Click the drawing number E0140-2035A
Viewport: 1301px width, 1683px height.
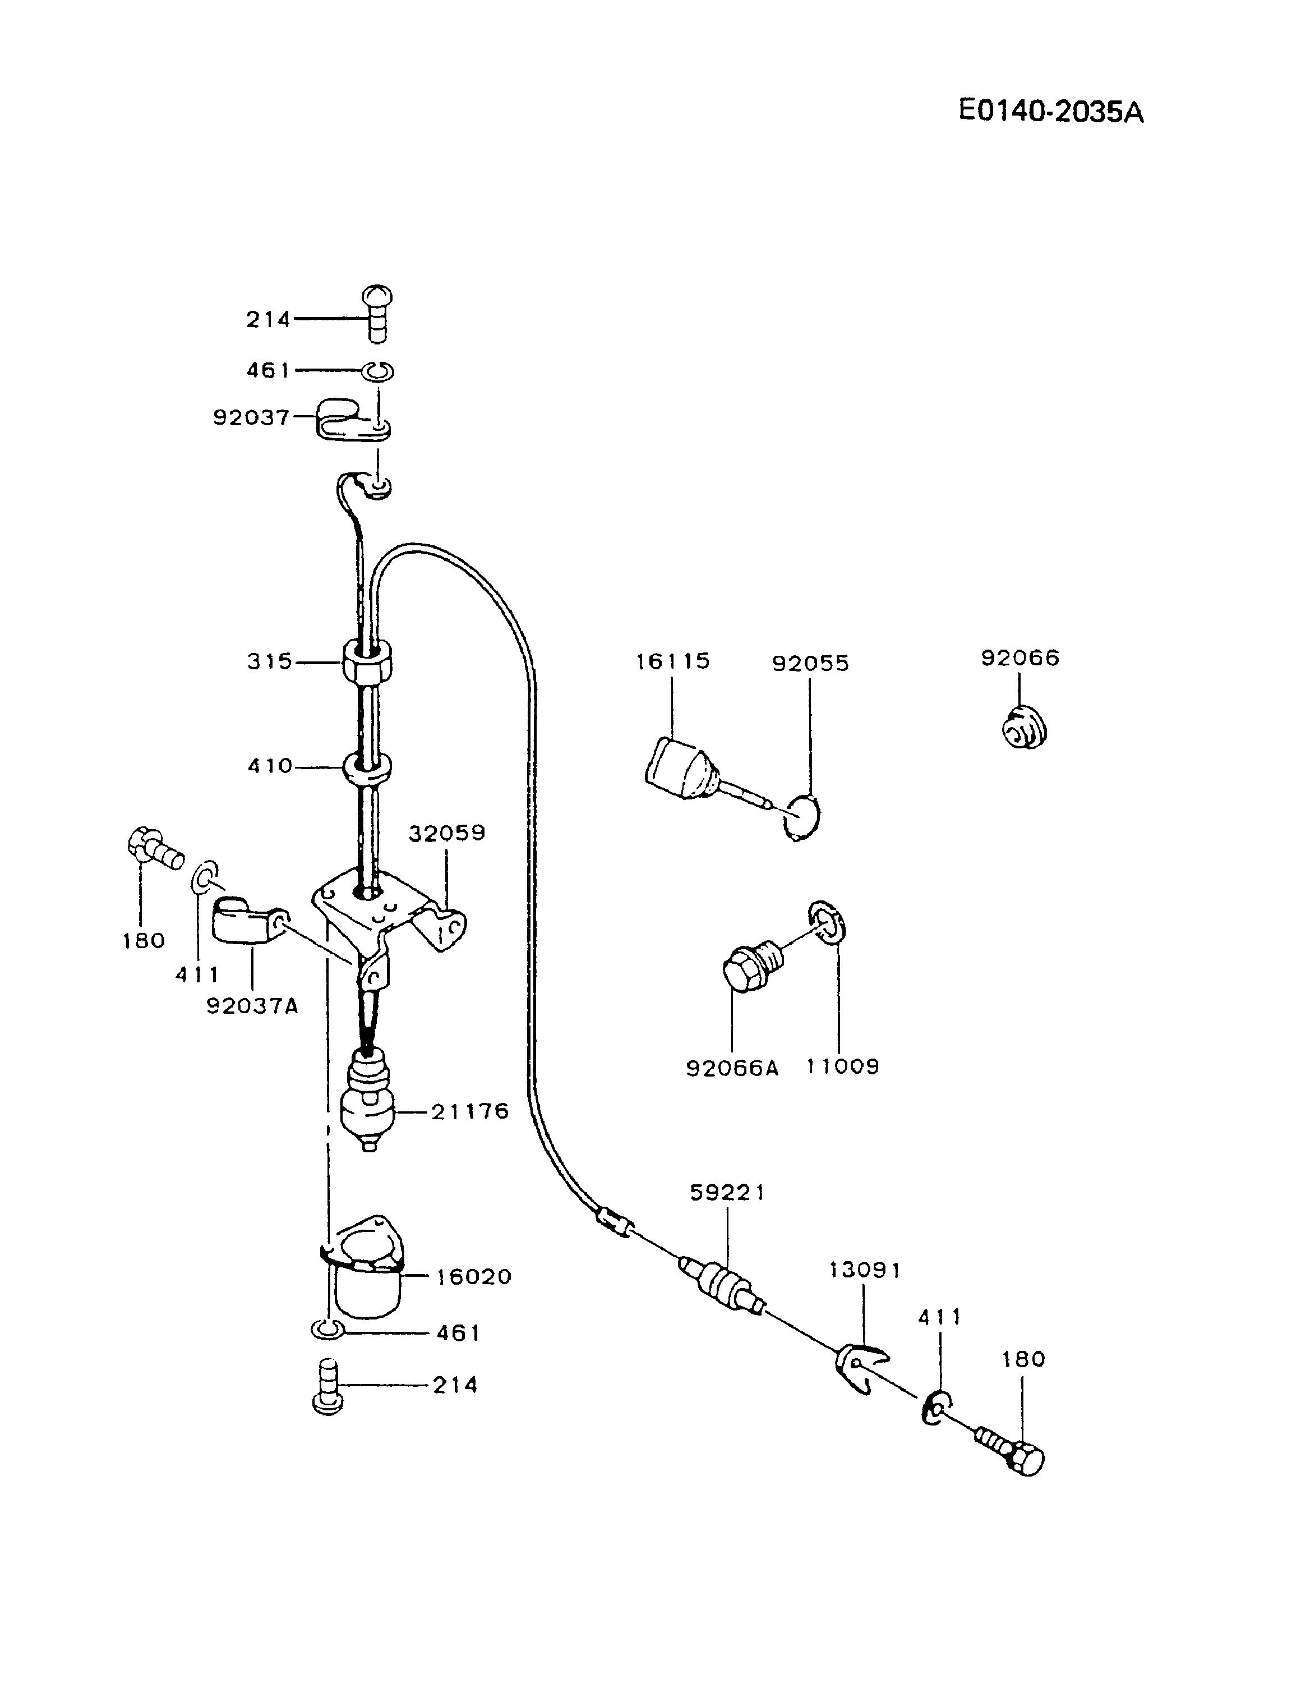[x=1051, y=112]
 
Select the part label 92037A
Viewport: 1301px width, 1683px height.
[x=252, y=1006]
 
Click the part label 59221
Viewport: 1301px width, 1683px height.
[x=727, y=1192]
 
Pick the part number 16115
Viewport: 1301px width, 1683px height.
[x=672, y=661]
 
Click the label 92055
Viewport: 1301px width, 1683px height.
[x=810, y=664]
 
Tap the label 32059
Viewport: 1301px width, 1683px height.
[x=447, y=833]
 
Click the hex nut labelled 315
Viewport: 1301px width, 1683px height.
[x=367, y=661]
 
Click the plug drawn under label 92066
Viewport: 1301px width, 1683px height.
[x=1025, y=728]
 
